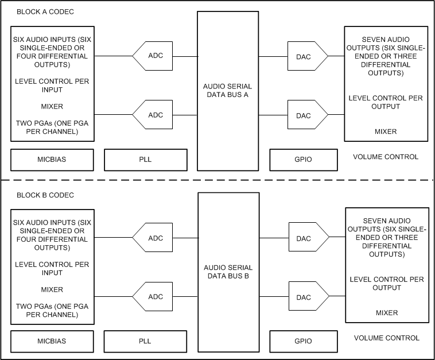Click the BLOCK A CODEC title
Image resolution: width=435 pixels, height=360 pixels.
tap(45, 12)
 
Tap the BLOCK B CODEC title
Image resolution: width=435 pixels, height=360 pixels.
tap(45, 195)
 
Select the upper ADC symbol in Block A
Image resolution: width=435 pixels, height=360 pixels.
tap(155, 56)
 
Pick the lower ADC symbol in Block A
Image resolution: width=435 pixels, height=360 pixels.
tap(155, 115)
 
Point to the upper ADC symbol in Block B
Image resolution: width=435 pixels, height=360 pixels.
tap(155, 238)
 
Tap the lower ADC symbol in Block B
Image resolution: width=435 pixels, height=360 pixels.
tap(155, 297)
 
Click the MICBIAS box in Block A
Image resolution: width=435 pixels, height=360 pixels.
tap(52, 160)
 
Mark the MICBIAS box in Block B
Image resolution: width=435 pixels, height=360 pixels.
tap(52, 341)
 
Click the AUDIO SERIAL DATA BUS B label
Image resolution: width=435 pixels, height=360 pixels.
tap(228, 272)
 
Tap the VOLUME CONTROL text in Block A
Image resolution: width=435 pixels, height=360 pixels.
tap(386, 157)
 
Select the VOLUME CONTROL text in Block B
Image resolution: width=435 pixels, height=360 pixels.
tap(386, 338)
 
